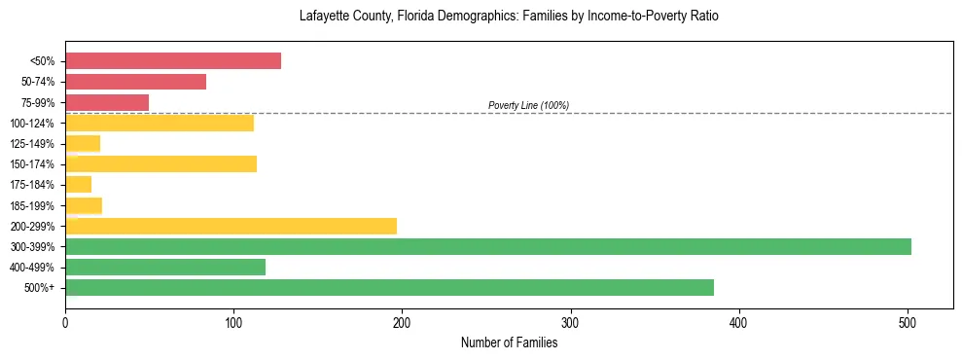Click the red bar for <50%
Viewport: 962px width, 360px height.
(x=173, y=61)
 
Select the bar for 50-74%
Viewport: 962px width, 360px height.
(x=136, y=82)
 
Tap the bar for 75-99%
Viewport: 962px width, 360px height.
(x=107, y=102)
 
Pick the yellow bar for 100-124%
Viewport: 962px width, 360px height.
(x=160, y=123)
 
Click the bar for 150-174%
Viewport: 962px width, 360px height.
(x=160, y=163)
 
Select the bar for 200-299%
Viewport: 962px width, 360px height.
(x=231, y=226)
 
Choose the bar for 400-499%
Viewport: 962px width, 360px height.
(x=165, y=267)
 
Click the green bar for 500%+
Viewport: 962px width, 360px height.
(x=389, y=287)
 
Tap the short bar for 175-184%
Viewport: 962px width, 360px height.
(x=79, y=184)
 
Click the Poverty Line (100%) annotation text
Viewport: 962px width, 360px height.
(x=528, y=105)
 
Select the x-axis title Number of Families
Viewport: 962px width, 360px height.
(x=509, y=342)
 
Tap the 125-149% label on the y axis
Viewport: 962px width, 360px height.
(x=34, y=144)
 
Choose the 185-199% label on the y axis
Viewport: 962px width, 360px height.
(x=34, y=205)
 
